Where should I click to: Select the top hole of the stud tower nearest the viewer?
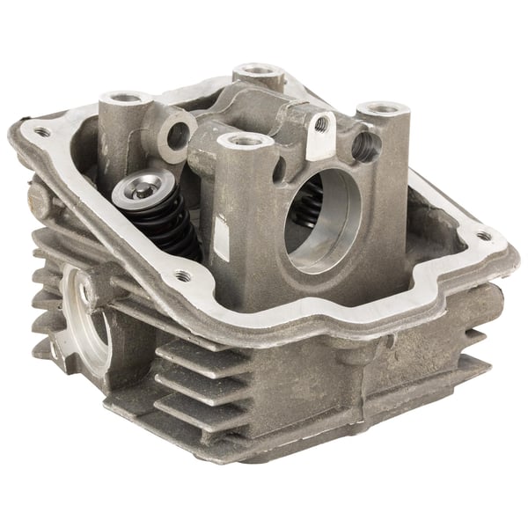pos(245,139)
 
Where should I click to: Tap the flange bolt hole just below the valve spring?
pos(183,275)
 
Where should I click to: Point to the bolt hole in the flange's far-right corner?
pos(482,235)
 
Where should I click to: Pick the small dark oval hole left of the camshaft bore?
pos(278,168)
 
